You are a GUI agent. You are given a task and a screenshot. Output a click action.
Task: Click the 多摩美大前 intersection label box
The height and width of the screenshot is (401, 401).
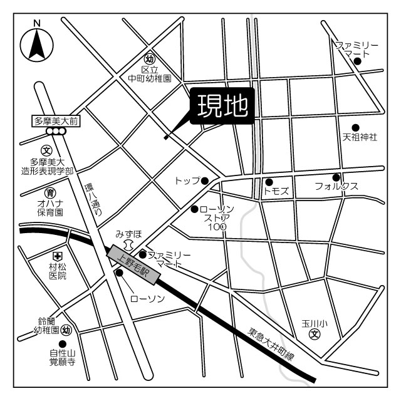point(56,120)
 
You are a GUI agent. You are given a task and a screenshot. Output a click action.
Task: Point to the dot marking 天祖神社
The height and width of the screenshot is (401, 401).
point(355,127)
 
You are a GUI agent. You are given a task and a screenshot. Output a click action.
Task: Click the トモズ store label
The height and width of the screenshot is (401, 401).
point(276,190)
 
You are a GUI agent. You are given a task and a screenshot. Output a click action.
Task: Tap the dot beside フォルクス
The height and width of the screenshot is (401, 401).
point(336,177)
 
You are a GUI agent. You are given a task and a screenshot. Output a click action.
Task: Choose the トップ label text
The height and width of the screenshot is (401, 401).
point(187,181)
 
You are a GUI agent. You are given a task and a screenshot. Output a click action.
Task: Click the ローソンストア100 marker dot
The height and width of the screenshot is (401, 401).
point(194,209)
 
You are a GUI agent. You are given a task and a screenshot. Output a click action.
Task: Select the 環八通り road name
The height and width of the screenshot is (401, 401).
point(94,200)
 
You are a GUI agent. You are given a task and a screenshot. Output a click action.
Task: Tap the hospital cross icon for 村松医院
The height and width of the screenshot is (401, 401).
point(57,256)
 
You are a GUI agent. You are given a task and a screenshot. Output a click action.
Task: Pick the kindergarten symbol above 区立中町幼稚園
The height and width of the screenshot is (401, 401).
point(150,59)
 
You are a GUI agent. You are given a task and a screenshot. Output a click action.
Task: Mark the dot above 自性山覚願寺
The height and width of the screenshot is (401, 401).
point(62,343)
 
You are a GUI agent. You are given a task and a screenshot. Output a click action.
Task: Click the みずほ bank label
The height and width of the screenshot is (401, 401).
point(128,234)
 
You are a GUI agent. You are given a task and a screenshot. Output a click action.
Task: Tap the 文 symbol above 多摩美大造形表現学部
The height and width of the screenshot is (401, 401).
point(46,150)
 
